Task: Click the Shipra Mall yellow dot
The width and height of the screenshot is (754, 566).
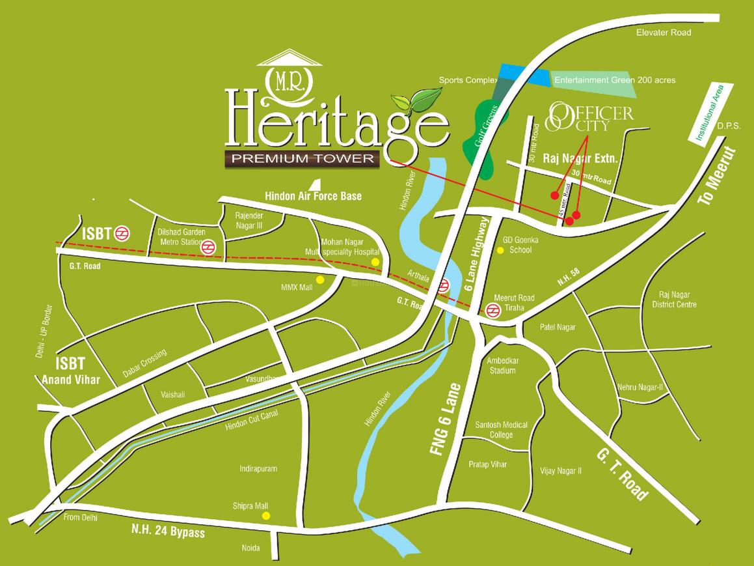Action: pos(265,515)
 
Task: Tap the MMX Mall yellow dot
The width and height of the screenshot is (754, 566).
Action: pos(319,279)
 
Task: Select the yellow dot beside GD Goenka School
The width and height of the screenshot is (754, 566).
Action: pos(500,250)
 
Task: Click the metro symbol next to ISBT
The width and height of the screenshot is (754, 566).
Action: pos(122,233)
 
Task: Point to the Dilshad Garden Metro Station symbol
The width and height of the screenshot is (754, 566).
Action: pos(209,247)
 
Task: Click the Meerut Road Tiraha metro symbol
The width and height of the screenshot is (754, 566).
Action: pos(492,311)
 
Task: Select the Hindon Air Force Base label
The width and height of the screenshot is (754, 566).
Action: pos(313,195)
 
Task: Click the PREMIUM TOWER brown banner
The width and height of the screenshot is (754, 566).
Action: pos(303,158)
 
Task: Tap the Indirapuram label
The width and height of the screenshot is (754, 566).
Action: pos(258,468)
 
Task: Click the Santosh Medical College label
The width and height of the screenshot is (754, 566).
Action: pos(501,429)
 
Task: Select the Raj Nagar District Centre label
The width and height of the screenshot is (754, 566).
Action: pos(677,300)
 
